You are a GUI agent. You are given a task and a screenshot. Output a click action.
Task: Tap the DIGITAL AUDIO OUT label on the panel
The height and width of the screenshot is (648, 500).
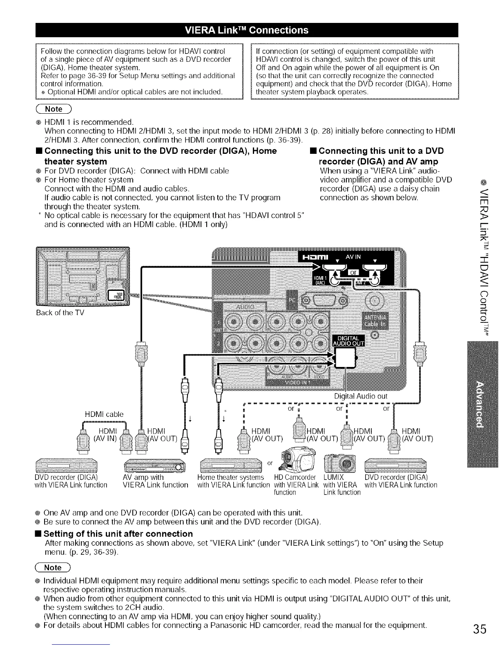pos(349,340)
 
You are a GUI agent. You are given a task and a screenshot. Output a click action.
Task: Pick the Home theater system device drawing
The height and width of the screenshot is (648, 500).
pos(231,465)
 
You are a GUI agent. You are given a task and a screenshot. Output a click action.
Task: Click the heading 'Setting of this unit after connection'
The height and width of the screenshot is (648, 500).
pos(118,533)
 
